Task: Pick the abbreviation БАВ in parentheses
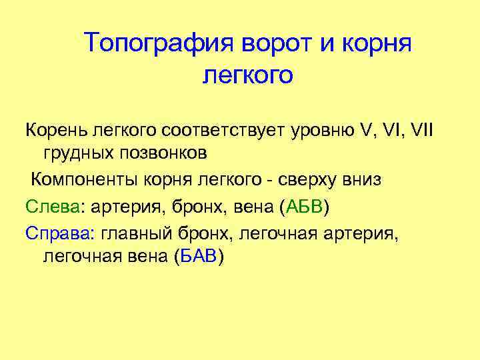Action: (198, 257)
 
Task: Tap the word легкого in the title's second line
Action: (247, 75)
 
